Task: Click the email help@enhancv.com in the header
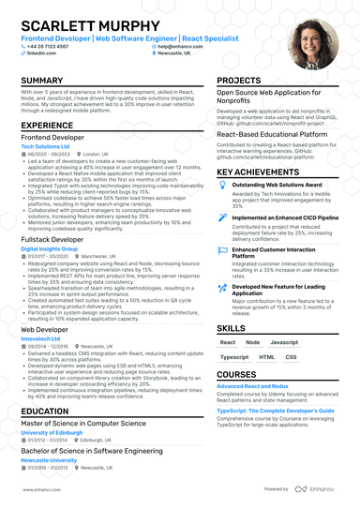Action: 181,46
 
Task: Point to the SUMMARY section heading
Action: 42,81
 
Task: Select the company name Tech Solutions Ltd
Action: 47,146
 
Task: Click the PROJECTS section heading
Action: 238,81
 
